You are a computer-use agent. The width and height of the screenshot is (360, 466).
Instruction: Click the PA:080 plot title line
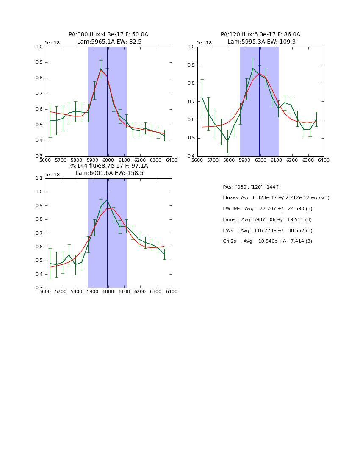108,35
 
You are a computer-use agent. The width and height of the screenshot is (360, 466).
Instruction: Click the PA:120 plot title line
260,35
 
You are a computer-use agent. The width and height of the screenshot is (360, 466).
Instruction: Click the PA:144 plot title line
108,166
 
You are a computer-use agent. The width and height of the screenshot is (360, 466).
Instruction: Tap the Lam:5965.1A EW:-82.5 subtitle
109,42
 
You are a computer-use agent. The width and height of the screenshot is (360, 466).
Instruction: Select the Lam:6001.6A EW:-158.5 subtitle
109,173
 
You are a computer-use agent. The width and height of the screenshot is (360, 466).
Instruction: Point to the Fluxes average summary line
276,198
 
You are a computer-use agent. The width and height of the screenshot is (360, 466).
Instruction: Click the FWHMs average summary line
267,209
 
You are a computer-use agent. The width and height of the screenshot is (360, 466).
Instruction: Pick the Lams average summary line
267,220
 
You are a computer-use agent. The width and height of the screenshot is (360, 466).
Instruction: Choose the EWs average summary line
267,230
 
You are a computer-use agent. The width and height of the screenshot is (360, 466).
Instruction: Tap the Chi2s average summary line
267,241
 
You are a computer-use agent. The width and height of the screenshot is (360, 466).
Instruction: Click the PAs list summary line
250,187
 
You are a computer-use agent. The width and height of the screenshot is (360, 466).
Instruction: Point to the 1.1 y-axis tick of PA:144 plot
39,178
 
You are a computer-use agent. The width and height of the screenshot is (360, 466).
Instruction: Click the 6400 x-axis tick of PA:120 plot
324,161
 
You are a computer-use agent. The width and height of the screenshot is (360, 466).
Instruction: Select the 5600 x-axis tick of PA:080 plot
45,161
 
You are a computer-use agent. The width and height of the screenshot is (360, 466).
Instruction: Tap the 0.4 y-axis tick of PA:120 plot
192,156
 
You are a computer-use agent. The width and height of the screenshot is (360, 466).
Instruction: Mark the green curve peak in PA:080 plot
101,69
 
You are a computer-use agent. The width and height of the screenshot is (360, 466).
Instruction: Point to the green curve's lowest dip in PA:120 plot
227,141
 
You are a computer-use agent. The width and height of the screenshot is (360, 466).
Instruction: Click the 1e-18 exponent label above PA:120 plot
204,43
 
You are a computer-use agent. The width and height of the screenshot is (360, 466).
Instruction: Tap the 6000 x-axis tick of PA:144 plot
108,292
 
